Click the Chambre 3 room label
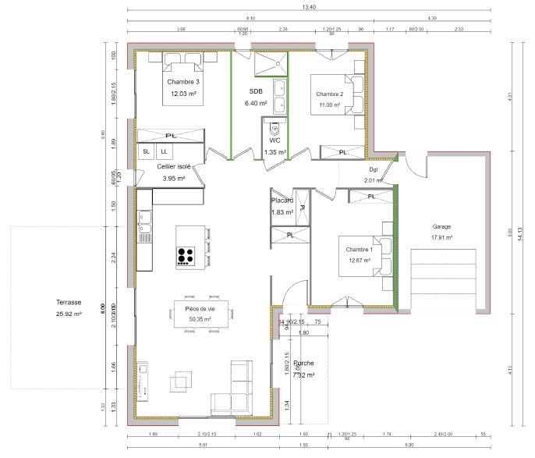(183, 82)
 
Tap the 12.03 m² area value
(183, 94)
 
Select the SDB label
(256, 91)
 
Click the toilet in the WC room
(275, 129)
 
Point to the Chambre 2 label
(329, 94)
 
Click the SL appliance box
(146, 151)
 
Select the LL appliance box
(164, 151)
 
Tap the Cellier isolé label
(173, 166)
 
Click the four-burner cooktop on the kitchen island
(186, 256)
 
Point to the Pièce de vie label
(200, 310)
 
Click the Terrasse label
(69, 302)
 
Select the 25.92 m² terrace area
(69, 314)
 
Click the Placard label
(282, 201)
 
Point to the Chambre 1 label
(360, 250)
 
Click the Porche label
(304, 364)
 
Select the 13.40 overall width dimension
(310, 7)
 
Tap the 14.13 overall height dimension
(520, 235)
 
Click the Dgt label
(373, 169)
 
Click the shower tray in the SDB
(270, 62)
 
